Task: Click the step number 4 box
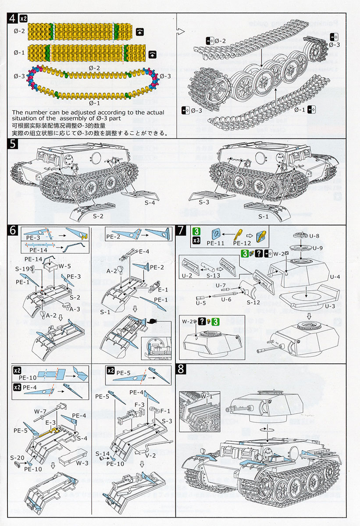pos(14,18)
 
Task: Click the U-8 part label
pos(314,236)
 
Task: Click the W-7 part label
pos(41,411)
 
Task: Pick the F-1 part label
pos(166,411)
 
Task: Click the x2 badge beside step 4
pos(24,18)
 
